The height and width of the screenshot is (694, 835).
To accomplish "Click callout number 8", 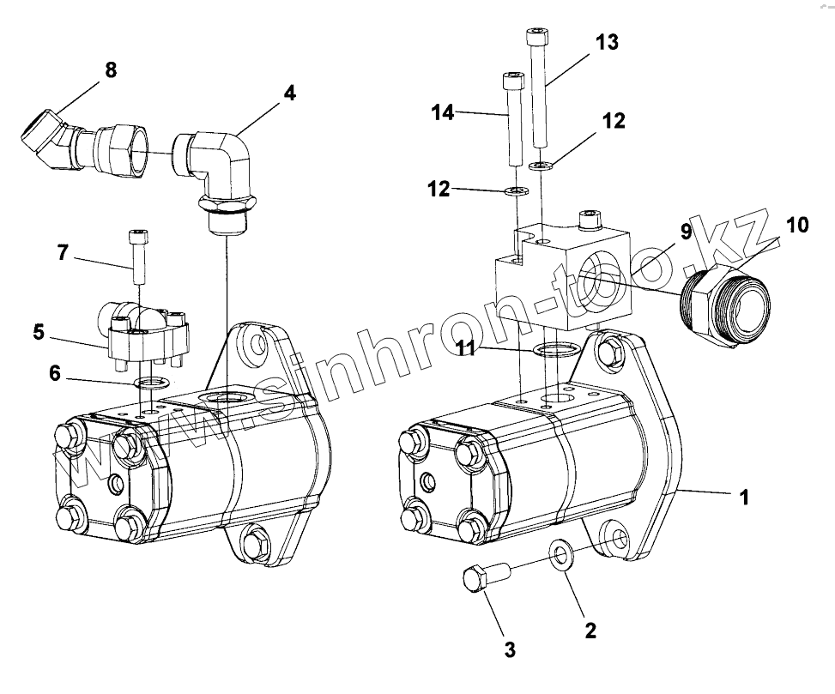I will [111, 70].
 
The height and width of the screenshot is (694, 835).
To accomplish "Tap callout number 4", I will [290, 93].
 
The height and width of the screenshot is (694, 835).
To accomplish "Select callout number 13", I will [606, 42].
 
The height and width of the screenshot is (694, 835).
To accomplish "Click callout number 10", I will [796, 225].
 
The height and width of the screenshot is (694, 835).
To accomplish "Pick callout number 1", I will [744, 496].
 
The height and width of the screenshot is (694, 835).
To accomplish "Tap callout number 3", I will [509, 649].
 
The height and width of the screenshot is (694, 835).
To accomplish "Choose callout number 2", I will [590, 631].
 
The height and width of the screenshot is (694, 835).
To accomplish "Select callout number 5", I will [38, 331].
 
